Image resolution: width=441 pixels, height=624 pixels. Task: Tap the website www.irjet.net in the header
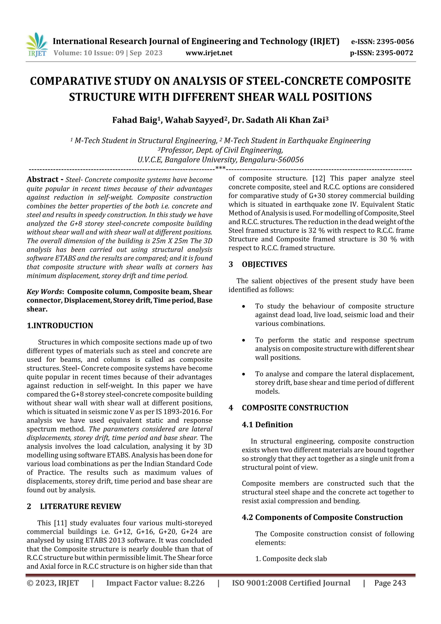coord(209,53)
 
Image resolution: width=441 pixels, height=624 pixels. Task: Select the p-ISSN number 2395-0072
coord(394,53)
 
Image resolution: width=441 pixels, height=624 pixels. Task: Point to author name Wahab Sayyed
coord(194,120)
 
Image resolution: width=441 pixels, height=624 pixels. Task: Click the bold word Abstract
coord(43,179)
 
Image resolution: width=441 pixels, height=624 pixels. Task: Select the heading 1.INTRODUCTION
coord(60,326)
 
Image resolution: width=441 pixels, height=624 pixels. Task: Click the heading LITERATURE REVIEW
coord(81,506)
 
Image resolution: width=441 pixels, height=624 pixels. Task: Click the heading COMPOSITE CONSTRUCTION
coord(295,408)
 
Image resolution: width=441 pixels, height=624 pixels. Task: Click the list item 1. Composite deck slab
coord(291,559)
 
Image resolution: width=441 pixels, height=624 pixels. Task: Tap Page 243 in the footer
coord(390,583)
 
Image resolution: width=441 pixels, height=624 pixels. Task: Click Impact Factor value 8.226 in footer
coord(155,583)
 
